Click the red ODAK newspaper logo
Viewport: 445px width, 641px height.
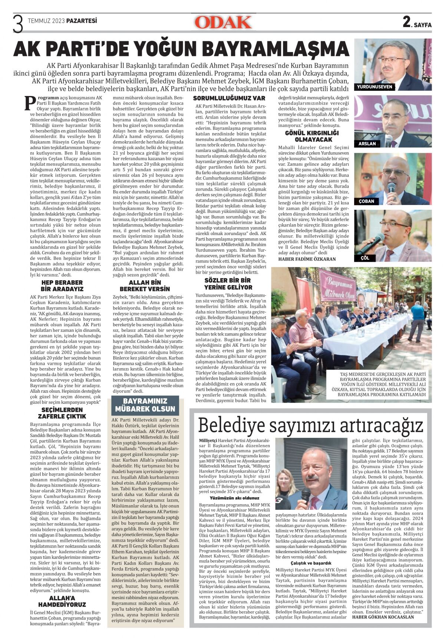point(223,22)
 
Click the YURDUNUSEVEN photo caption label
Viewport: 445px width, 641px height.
point(374,87)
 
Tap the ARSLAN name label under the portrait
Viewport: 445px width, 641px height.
point(367,144)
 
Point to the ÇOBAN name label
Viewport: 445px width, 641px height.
point(366,201)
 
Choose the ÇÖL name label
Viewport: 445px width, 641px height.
point(365,258)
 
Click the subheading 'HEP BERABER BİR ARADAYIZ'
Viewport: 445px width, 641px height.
point(62,286)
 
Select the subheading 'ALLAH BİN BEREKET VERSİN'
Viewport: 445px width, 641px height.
point(145,285)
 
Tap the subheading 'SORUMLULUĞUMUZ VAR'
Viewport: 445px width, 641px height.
point(229,98)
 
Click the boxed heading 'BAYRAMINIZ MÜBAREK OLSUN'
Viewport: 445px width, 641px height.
point(145,405)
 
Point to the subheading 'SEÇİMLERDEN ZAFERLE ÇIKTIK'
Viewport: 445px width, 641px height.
point(62,413)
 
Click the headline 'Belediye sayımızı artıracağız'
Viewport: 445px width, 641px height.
point(310,425)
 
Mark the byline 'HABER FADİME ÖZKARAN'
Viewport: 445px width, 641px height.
point(307,259)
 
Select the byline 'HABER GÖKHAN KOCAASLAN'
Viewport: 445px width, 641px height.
point(383,617)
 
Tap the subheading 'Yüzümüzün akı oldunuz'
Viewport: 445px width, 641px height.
point(234,498)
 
